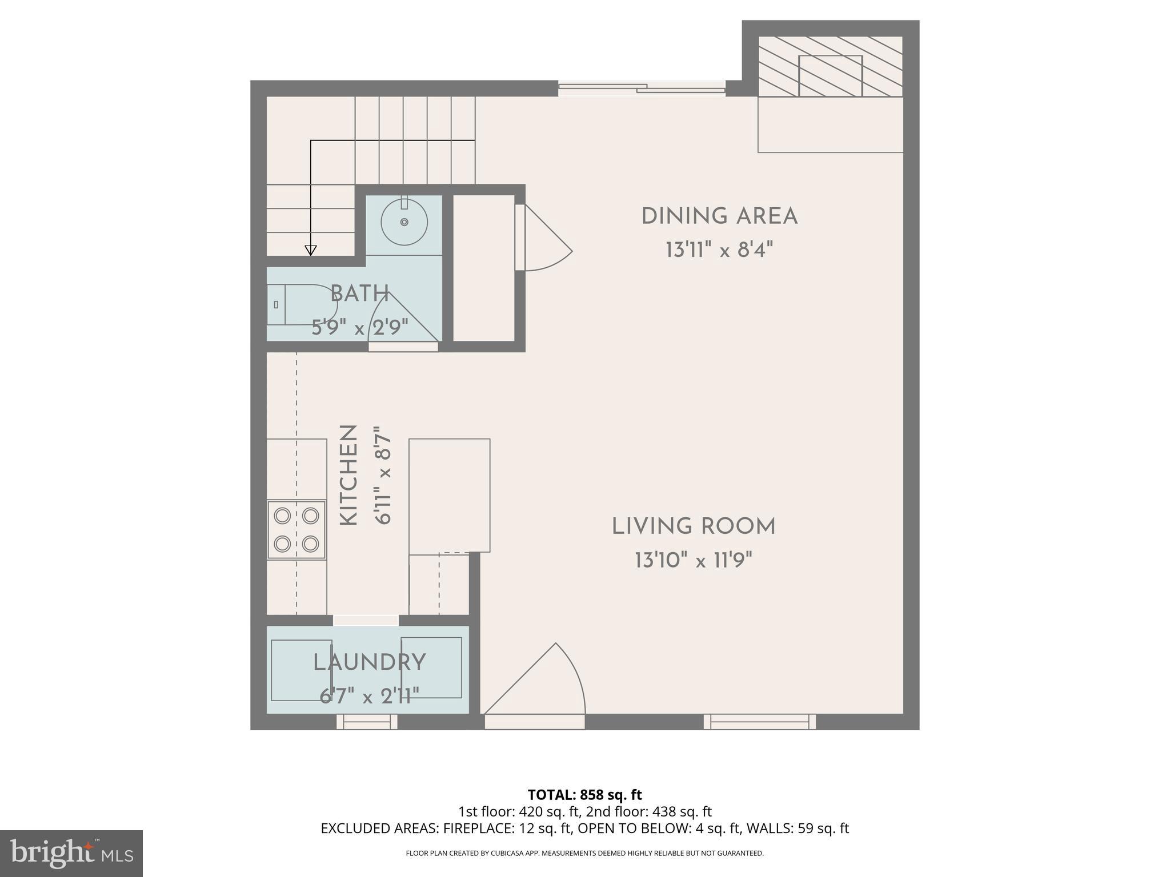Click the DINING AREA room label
[719, 217]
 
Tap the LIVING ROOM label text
[694, 526]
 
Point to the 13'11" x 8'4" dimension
[719, 250]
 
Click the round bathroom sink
[404, 222]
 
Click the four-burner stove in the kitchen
[296, 530]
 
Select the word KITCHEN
[348, 475]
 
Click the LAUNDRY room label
[369, 662]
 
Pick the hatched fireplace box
[830, 67]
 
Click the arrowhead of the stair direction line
[310, 250]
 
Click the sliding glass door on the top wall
[641, 88]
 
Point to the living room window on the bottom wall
[759, 722]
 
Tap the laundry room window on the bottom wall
[366, 722]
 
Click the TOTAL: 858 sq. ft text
[584, 795]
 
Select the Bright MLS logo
[71, 853]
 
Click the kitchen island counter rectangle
[449, 495]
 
